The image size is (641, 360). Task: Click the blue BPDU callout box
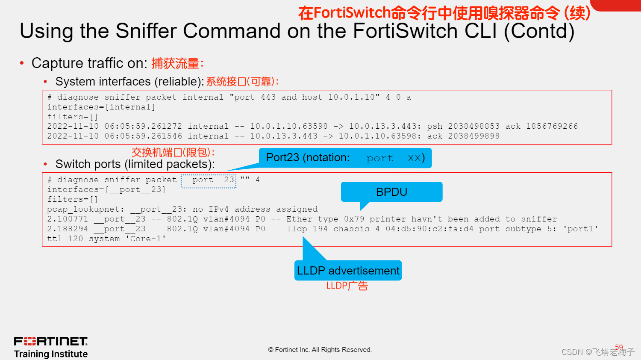(391, 192)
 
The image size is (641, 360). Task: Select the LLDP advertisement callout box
(348, 271)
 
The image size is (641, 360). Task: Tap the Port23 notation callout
(345, 158)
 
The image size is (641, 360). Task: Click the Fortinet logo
(51, 341)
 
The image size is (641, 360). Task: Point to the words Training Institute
(51, 354)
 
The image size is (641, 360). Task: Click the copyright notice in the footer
(320, 350)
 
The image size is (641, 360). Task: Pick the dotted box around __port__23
(209, 180)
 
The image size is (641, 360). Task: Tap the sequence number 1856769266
(552, 126)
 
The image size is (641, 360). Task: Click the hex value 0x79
(354, 219)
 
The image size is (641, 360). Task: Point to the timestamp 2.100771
(68, 219)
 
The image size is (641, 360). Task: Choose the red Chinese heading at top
(444, 13)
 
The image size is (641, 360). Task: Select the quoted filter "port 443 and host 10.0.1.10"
(305, 97)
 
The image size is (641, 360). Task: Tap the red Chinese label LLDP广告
(347, 286)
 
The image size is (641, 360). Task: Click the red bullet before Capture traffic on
(22, 63)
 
